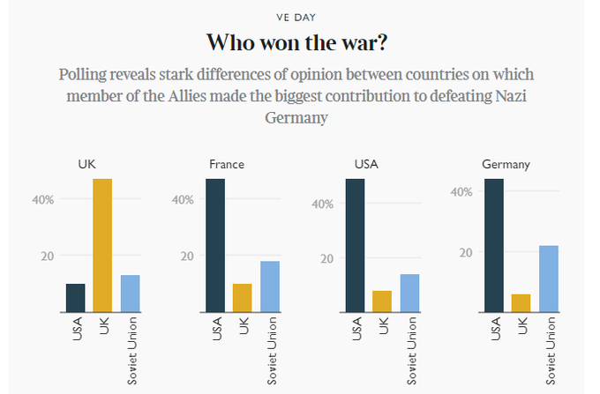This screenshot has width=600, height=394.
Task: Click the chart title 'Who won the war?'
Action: [x=299, y=41]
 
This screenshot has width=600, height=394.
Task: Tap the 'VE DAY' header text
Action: [x=300, y=15]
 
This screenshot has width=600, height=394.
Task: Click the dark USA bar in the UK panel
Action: [x=76, y=297]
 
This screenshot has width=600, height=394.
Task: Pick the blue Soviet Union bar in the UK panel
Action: [x=130, y=293]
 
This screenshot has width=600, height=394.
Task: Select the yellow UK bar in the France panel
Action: [x=242, y=297]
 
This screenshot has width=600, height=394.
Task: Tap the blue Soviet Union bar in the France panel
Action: [x=269, y=286]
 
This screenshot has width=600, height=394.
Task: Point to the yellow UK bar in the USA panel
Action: [x=381, y=301]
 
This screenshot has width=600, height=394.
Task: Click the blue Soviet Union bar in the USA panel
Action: [x=409, y=293]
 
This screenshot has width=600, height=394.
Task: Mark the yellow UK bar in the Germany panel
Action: [x=521, y=302]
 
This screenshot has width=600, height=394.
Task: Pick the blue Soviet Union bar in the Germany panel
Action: [x=548, y=278]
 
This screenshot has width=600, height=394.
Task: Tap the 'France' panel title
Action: [x=227, y=165]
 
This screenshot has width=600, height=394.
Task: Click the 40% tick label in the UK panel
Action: [x=43, y=200]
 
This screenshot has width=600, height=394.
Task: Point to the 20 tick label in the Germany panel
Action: [x=467, y=252]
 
